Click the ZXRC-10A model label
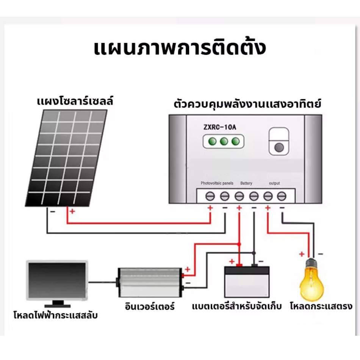click(x=220, y=127)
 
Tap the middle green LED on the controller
click(x=224, y=141)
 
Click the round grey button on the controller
click(x=279, y=147)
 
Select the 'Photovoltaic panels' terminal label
click(x=217, y=183)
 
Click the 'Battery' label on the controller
click(x=246, y=183)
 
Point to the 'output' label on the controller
click(x=274, y=183)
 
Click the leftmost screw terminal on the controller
click(x=210, y=196)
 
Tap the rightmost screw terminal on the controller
click(x=282, y=196)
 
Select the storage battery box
click(x=247, y=282)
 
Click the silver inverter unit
click(x=149, y=282)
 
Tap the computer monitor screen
click(x=57, y=280)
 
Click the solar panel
click(x=66, y=158)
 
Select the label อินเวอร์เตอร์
click(x=150, y=306)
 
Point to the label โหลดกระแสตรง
click(x=321, y=306)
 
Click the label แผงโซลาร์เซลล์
click(x=75, y=101)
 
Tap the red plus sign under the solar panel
click(x=72, y=211)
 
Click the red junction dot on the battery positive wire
click(x=239, y=244)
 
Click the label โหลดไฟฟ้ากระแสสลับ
click(x=56, y=315)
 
